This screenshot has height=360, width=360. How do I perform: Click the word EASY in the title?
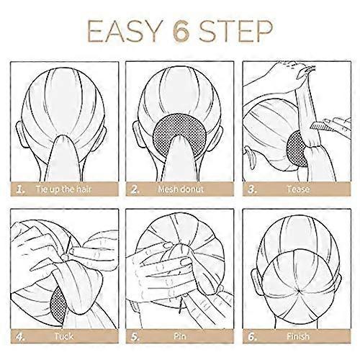click(x=124, y=31)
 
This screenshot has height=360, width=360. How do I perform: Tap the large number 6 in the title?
click(x=181, y=31)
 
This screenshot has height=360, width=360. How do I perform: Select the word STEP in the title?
click(x=236, y=31)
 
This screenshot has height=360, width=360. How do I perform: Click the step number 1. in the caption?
click(x=21, y=189)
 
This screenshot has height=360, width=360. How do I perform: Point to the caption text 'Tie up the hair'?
click(x=63, y=189)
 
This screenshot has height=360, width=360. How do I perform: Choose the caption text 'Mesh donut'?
click(x=181, y=189)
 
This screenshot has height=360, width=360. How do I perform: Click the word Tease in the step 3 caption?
click(x=298, y=189)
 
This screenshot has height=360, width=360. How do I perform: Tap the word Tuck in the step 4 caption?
click(x=63, y=336)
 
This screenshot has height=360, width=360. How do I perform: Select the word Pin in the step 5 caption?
click(x=180, y=336)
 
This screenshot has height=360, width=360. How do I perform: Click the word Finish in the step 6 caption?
click(x=298, y=336)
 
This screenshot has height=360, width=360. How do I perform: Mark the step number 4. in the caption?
click(x=21, y=337)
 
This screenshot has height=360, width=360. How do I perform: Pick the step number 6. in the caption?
click(x=253, y=337)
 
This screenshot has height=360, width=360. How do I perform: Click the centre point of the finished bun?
click(x=297, y=291)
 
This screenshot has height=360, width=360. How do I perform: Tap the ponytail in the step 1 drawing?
click(x=63, y=158)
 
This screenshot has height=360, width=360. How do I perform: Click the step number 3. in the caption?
click(x=253, y=189)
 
